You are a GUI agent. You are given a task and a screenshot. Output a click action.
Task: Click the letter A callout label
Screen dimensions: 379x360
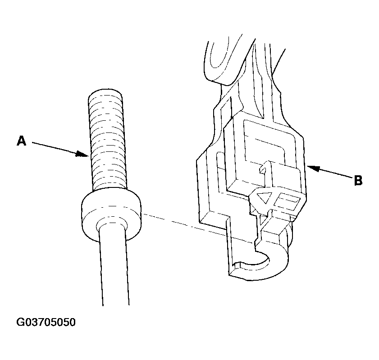click(x=21, y=141)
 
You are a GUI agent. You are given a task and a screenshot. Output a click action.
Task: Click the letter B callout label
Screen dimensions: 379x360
click(x=358, y=180)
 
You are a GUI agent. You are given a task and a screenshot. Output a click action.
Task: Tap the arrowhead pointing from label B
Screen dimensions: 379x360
click(x=313, y=168)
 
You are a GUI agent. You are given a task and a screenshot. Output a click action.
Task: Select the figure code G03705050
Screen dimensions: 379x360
click(x=46, y=322)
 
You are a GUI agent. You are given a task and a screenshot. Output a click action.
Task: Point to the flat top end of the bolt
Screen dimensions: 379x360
click(x=105, y=92)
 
